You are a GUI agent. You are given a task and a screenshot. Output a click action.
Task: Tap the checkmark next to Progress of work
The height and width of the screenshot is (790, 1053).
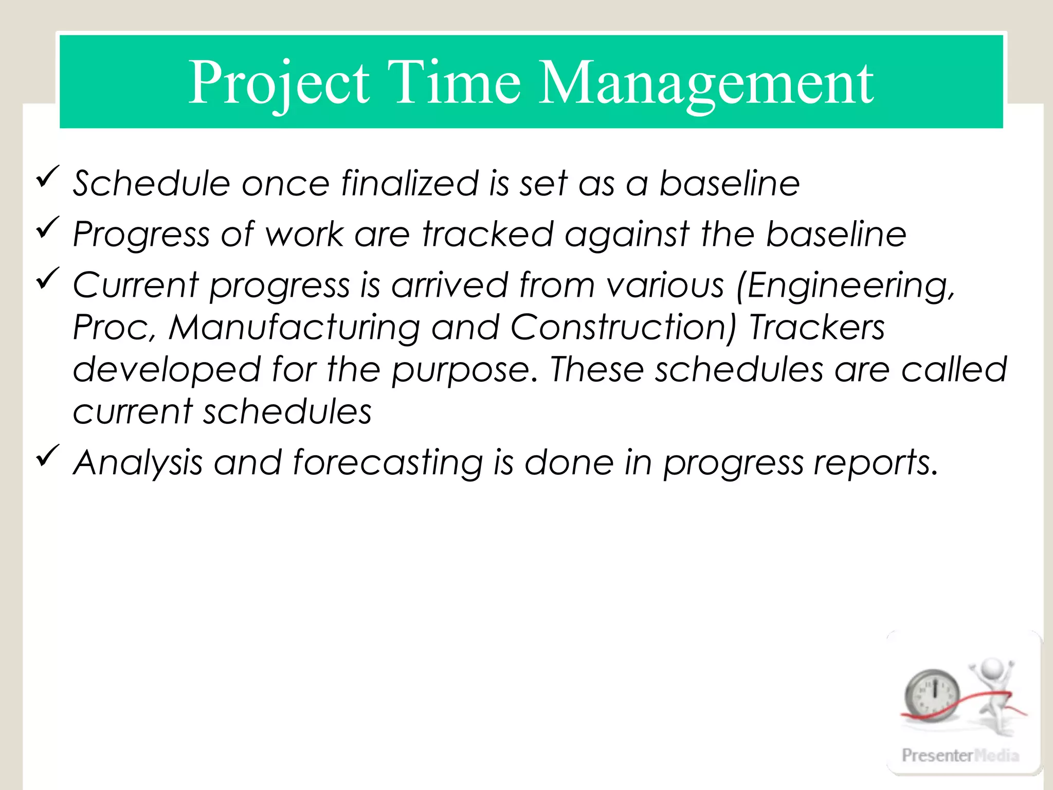coord(48,228)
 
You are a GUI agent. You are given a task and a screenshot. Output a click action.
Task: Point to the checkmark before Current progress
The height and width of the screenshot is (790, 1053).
coord(48,279)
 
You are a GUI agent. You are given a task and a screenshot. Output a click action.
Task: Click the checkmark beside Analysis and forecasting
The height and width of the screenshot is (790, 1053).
coord(48,456)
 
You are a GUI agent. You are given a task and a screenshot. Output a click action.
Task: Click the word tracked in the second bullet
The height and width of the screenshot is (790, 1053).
coord(487,234)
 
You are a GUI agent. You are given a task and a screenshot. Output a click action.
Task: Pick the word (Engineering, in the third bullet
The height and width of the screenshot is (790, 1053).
coord(845,285)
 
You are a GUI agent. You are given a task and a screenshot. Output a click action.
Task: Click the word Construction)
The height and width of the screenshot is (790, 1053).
coord(623,327)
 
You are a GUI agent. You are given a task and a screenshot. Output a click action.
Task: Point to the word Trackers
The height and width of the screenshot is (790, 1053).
coord(816,327)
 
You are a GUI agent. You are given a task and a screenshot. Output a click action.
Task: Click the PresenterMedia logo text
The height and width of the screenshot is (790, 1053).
coord(960,755)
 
